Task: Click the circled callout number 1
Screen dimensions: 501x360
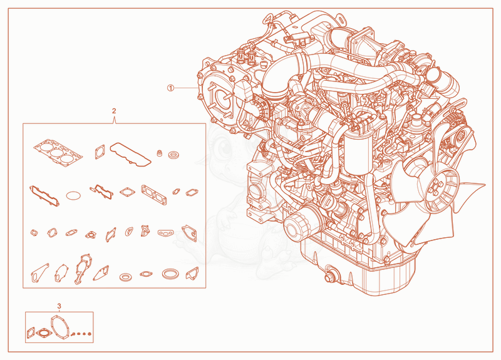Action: (x=170, y=88)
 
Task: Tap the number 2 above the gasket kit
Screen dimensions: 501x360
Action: (x=114, y=111)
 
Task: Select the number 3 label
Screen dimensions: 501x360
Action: (x=59, y=306)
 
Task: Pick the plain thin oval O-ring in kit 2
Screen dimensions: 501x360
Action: (x=73, y=195)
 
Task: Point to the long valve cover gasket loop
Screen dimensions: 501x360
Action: (x=130, y=155)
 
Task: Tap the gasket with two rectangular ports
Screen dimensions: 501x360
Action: (x=154, y=195)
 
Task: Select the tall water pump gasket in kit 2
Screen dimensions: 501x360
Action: (x=83, y=269)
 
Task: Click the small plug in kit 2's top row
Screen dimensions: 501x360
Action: (x=159, y=153)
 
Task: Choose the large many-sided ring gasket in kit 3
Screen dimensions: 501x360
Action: (x=59, y=327)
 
